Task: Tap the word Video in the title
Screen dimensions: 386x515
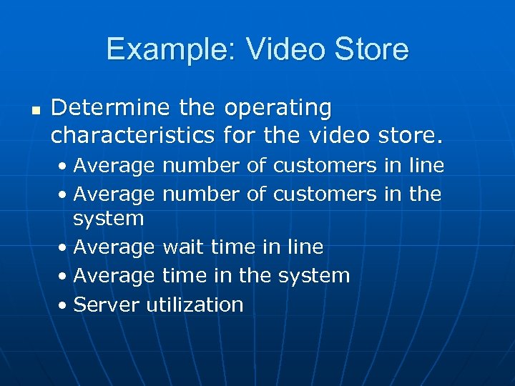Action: click(x=271, y=50)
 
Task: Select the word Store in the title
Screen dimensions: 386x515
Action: click(x=372, y=50)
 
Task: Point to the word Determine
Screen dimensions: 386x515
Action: click(x=109, y=108)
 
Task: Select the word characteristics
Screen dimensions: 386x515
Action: click(x=132, y=134)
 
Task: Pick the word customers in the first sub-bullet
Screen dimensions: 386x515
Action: click(x=323, y=166)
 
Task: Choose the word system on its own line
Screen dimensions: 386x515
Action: click(x=109, y=218)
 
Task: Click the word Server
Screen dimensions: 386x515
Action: click(x=107, y=305)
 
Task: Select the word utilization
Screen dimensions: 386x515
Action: click(x=195, y=305)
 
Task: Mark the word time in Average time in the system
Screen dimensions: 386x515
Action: click(x=187, y=275)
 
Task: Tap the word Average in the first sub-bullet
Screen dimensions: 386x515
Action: click(x=114, y=167)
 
